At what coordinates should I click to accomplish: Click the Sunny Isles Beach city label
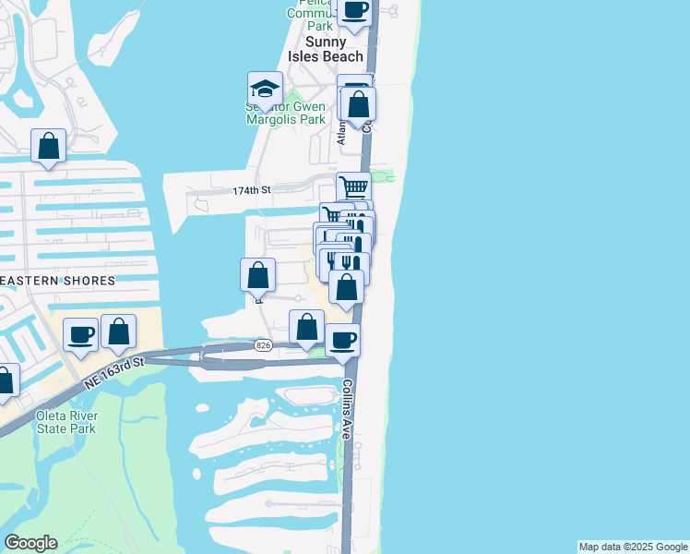(329, 49)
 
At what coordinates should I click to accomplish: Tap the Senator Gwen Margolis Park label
(285, 113)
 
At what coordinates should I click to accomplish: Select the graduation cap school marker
(265, 90)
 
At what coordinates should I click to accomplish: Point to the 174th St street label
(252, 190)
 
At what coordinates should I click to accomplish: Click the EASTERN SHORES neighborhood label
(57, 280)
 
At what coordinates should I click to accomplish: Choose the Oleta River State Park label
(65, 422)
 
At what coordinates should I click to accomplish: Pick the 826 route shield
(264, 345)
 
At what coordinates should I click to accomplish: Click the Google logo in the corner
(30, 543)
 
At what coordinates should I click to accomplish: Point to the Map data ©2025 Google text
(633, 547)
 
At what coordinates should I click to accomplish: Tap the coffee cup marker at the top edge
(355, 10)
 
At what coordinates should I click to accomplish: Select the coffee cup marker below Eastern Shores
(82, 334)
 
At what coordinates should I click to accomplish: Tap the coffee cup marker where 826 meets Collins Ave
(343, 340)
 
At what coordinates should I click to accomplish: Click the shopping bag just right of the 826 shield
(306, 327)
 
